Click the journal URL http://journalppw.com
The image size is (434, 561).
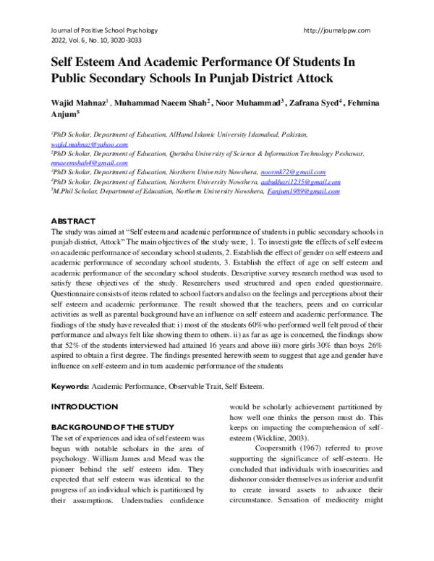[339, 30]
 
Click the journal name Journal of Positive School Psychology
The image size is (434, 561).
[104, 30]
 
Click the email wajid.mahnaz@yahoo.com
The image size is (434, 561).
[89, 145]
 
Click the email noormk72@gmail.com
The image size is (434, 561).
[293, 173]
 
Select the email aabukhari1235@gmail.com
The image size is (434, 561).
[300, 183]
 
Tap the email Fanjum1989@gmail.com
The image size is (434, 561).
[303, 192]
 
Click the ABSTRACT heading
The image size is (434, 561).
[73, 220]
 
